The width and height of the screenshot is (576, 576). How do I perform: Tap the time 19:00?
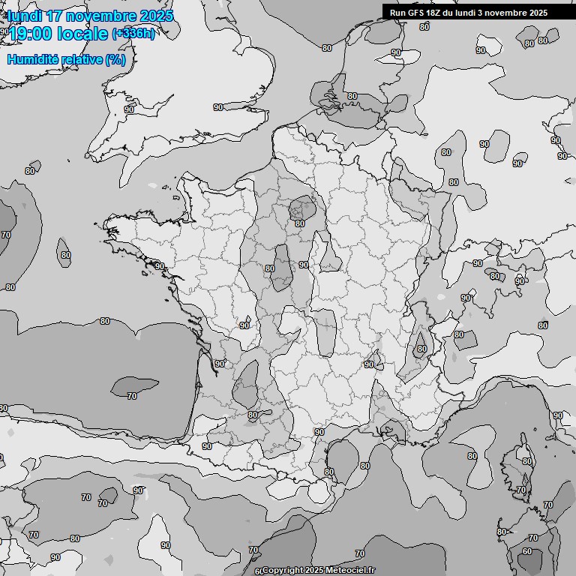(31, 34)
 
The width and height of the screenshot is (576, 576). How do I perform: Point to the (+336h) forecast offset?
(133, 34)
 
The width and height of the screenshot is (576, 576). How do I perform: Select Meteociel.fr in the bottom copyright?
(347, 571)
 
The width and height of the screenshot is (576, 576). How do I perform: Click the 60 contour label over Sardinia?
(527, 552)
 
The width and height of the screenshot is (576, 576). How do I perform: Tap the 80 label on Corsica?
(526, 461)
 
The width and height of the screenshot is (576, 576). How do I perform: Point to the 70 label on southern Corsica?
(520, 490)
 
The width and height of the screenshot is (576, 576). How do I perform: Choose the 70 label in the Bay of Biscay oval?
(132, 396)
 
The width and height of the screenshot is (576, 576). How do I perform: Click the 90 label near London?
(218, 107)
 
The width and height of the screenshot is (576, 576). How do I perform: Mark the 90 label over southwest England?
(128, 109)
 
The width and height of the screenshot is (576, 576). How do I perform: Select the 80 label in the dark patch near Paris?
(299, 223)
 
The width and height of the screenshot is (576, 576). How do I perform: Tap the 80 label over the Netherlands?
(352, 96)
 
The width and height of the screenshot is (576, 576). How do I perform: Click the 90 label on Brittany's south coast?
(159, 266)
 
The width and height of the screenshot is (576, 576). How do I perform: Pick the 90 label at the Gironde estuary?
(219, 364)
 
